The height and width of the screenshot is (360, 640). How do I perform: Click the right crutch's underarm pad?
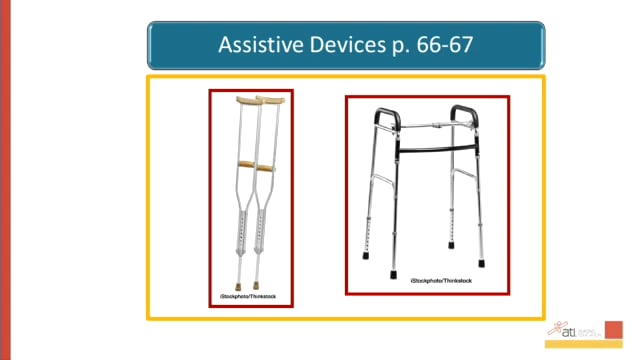coord(270,101)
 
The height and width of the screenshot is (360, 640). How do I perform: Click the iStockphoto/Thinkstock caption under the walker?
coord(439,283)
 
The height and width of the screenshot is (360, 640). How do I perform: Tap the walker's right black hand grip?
coord(467,112)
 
